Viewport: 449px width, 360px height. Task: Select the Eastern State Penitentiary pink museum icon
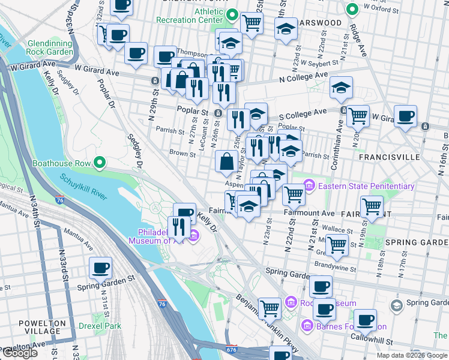pyautogui.click(x=310, y=186)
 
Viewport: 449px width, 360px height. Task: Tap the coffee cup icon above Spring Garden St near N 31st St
pyautogui.click(x=100, y=268)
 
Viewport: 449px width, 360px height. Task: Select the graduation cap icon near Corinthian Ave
pyautogui.click(x=341, y=88)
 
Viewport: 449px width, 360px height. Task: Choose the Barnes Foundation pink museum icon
pyautogui.click(x=307, y=326)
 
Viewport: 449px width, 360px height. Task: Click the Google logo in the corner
pyautogui.click(x=19, y=353)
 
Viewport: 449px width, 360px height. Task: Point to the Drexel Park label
pyautogui.click(x=100, y=326)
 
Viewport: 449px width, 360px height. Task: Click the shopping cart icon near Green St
pyautogui.click(x=337, y=244)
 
